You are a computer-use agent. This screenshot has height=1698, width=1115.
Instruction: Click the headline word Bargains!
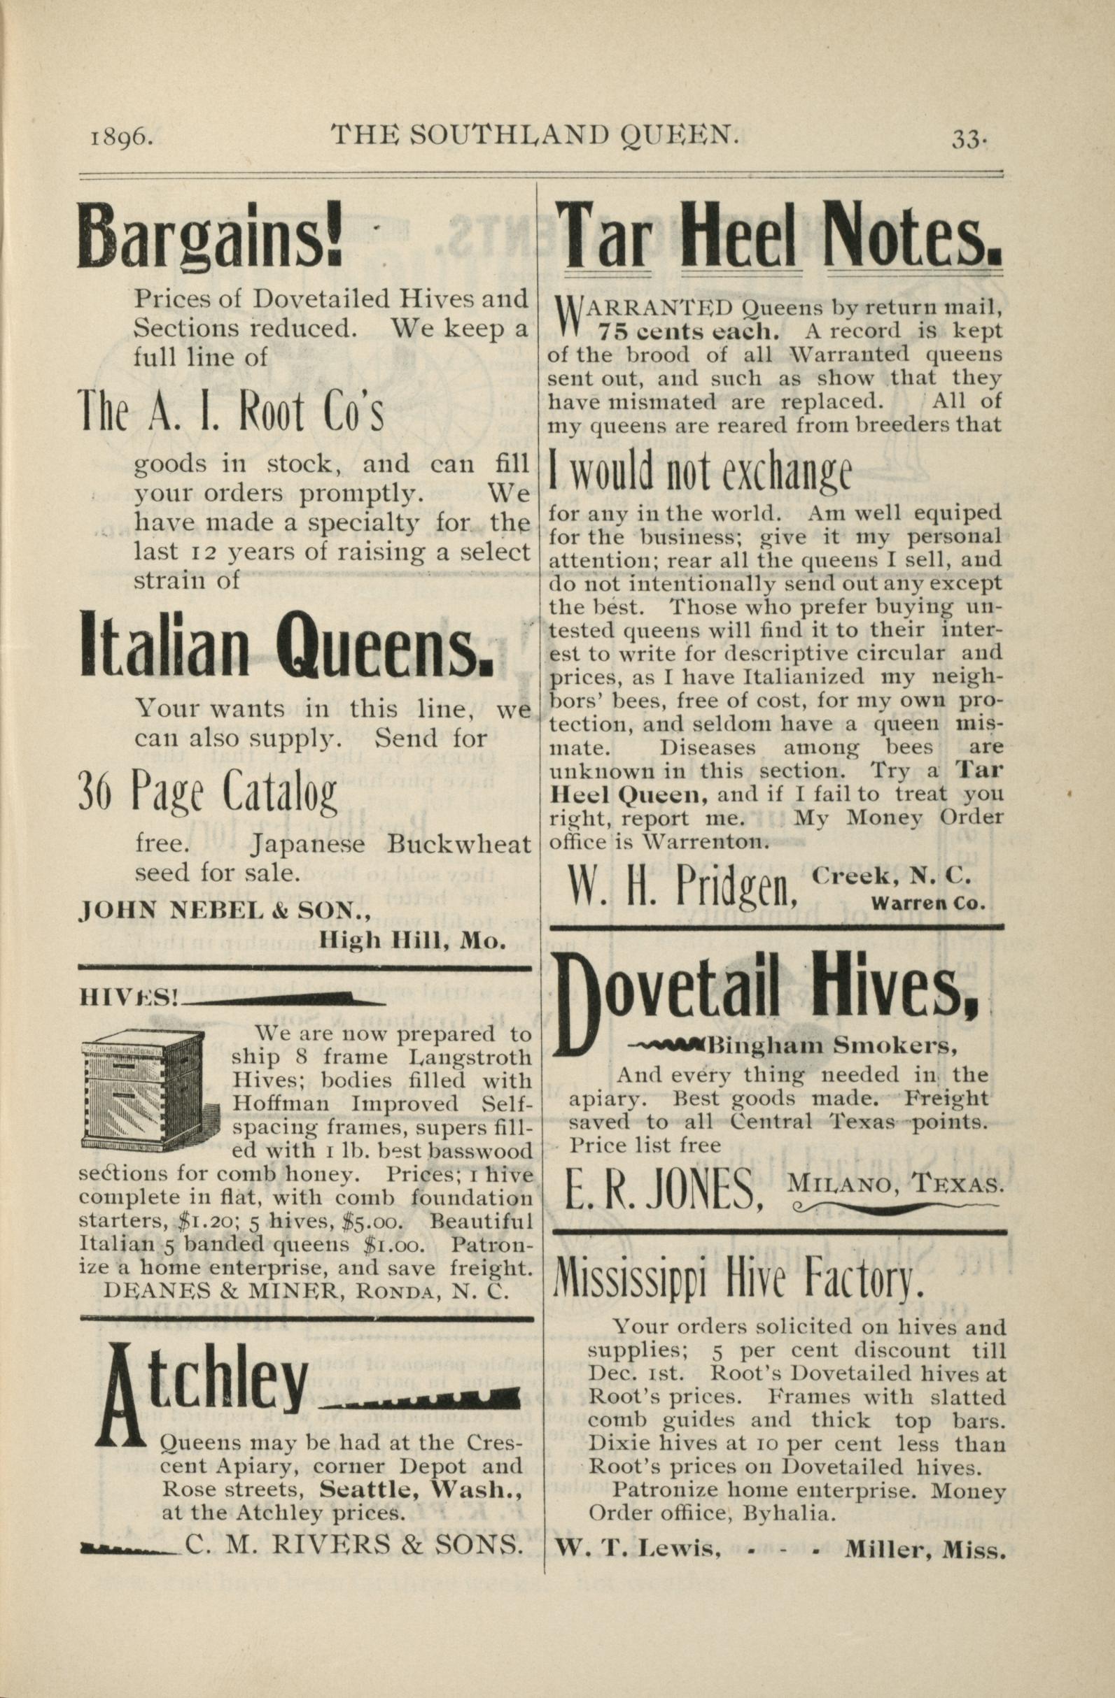pos(210,235)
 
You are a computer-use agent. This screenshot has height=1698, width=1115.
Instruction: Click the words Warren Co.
pos(928,903)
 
